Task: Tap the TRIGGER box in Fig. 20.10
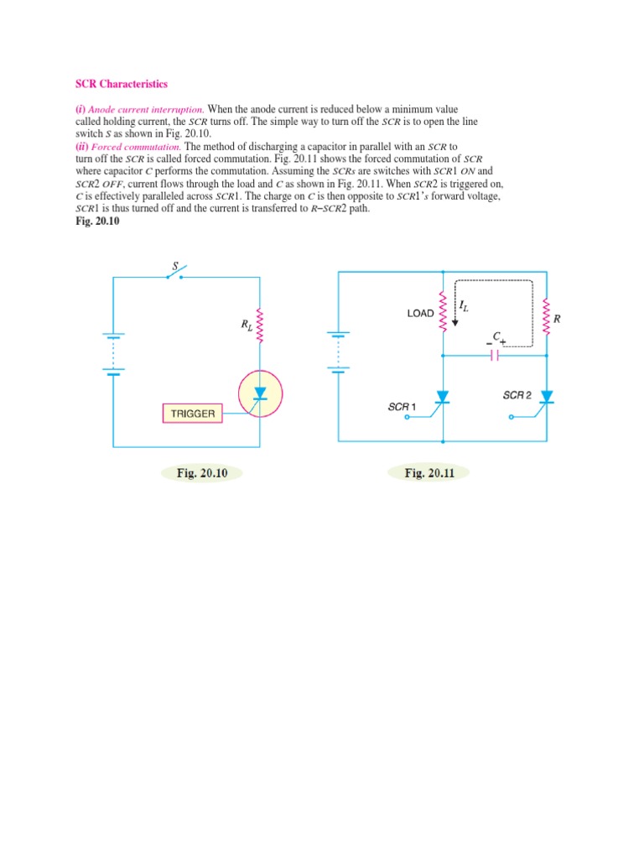click(x=193, y=414)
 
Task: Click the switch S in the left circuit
click(x=176, y=274)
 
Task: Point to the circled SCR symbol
click(x=260, y=392)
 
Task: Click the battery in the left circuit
click(x=114, y=353)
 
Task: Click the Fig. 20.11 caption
click(x=428, y=473)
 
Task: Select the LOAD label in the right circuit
click(x=420, y=314)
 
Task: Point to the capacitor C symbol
click(x=494, y=355)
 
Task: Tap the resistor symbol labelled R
click(x=547, y=317)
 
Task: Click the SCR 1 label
click(x=402, y=407)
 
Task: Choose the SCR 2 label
click(x=517, y=395)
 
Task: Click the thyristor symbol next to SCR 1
click(x=441, y=398)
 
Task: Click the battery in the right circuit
click(x=338, y=353)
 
